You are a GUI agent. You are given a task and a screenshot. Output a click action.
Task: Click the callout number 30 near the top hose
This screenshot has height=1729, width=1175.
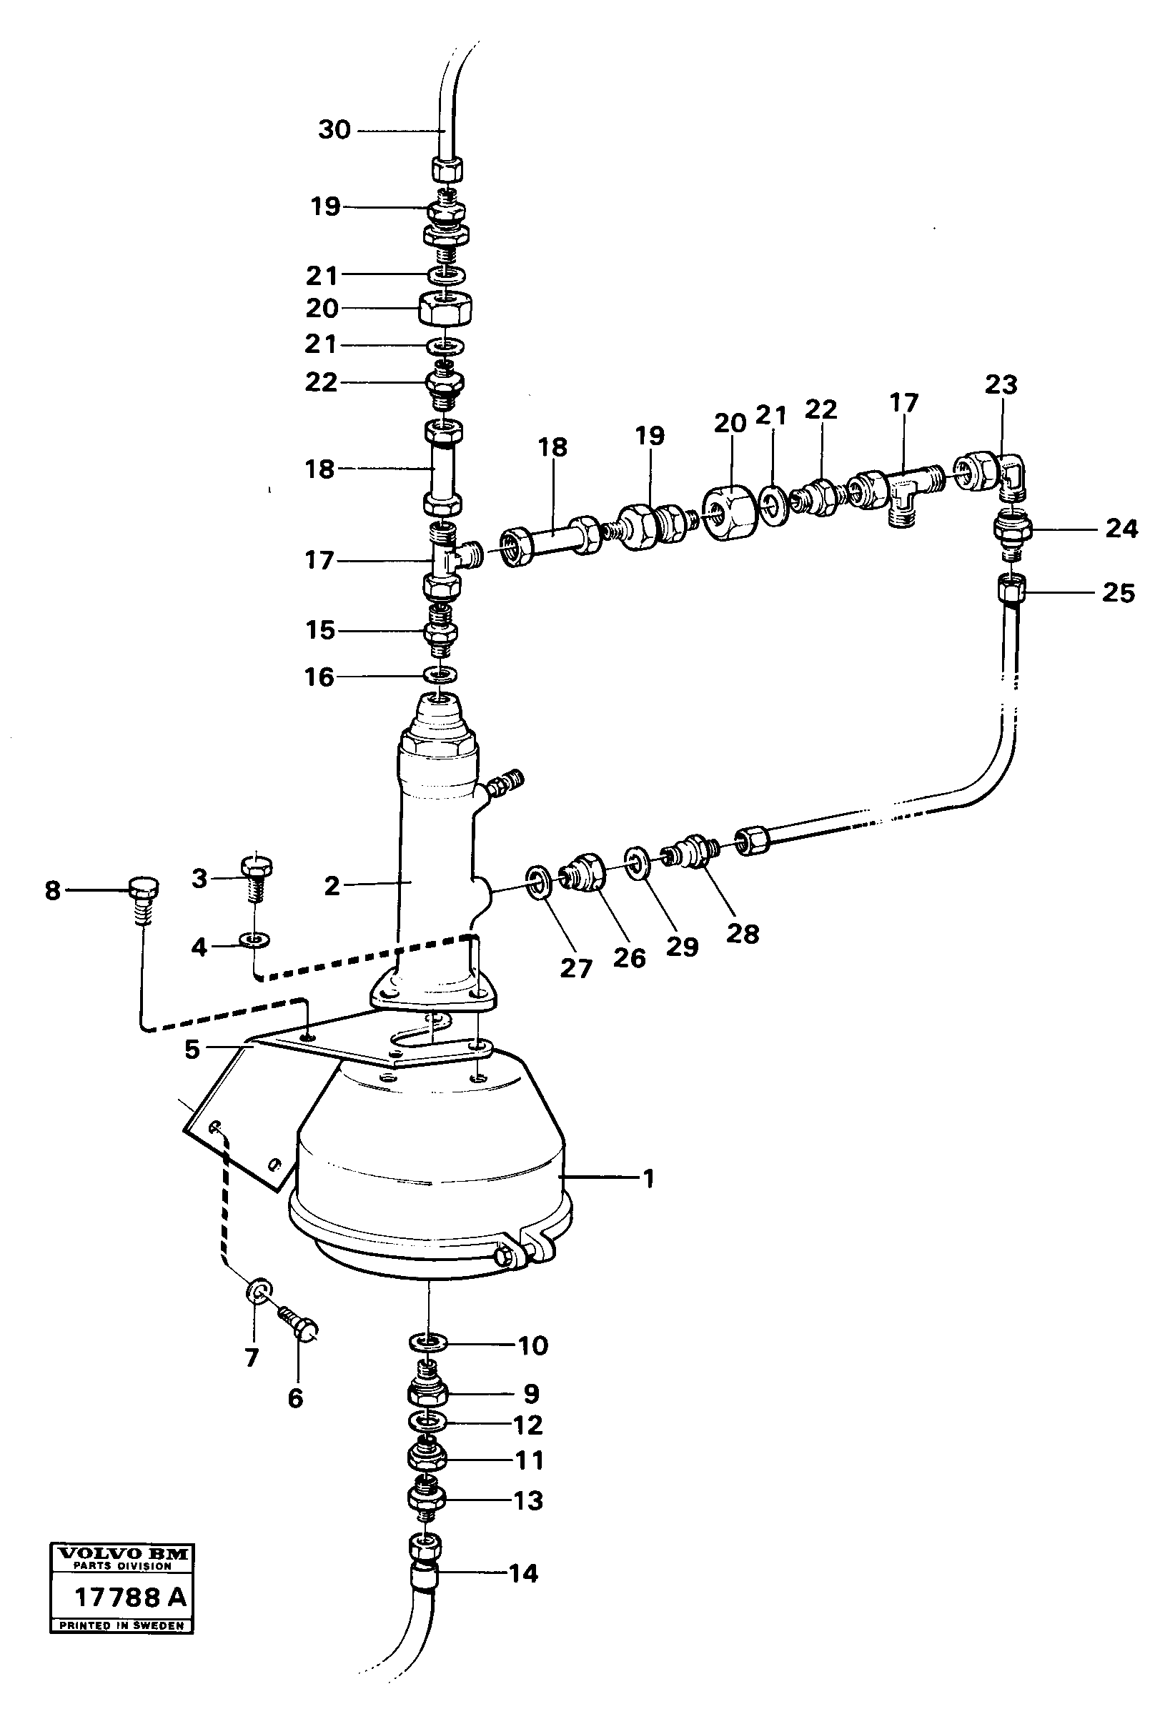click(334, 129)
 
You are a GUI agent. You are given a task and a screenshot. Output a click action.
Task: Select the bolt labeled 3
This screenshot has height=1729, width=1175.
click(256, 877)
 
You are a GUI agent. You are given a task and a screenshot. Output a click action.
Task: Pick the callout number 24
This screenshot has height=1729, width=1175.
click(1121, 529)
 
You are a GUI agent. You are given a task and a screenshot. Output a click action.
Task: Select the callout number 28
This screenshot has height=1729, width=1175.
click(742, 933)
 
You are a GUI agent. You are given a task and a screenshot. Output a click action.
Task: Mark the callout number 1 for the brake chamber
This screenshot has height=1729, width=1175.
click(648, 1178)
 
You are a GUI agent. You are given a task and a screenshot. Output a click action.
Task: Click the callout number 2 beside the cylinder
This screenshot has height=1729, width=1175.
click(332, 885)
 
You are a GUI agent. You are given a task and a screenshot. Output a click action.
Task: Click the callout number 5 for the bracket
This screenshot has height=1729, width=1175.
click(193, 1050)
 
